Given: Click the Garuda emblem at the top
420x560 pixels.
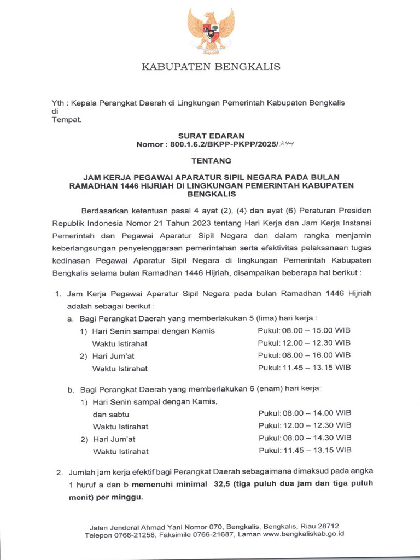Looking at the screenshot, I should pyautogui.click(x=211, y=31).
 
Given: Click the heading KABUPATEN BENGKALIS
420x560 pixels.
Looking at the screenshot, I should pyautogui.click(x=211, y=67).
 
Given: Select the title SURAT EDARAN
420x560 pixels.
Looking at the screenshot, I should pyautogui.click(x=211, y=135).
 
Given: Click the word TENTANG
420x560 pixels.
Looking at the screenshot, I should pyautogui.click(x=211, y=161).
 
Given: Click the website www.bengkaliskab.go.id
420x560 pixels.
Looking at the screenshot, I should pyautogui.click(x=304, y=535).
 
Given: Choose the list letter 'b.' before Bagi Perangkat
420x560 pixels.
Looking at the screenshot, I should pyautogui.click(x=71, y=390).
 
